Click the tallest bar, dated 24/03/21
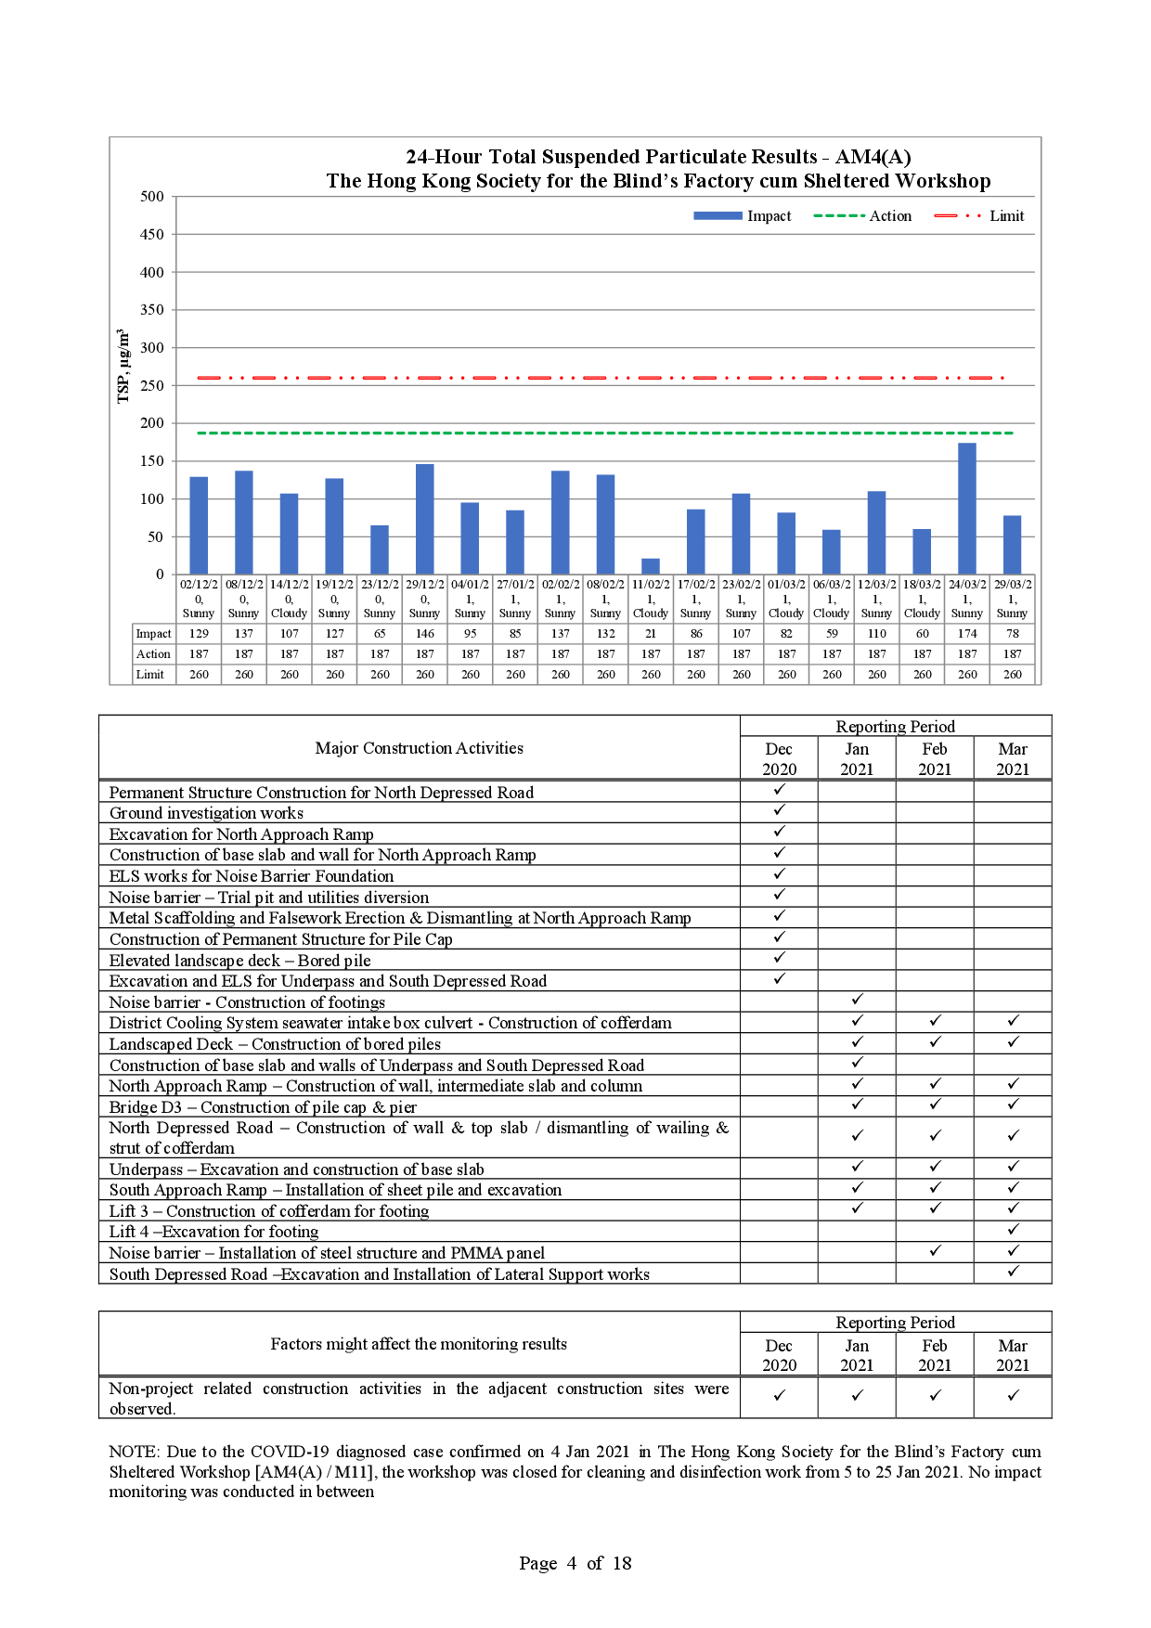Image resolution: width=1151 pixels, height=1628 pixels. coord(967,509)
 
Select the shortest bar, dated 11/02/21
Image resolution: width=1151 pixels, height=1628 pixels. coord(651,566)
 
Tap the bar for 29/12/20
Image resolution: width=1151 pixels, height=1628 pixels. coord(424,519)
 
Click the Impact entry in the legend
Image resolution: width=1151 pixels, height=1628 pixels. coord(743,216)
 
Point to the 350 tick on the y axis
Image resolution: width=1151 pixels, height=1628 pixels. coord(152,310)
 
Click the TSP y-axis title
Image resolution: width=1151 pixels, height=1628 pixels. coord(123,367)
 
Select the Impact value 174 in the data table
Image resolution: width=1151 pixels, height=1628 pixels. coord(967,634)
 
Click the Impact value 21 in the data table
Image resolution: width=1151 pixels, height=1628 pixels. coord(651,634)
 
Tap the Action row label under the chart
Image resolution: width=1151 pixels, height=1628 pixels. coord(153,654)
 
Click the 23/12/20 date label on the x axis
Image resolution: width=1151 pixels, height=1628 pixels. coord(380,585)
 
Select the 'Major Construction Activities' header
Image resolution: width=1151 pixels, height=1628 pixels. coord(419,748)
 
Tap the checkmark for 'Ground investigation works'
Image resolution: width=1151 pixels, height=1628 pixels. coord(780,810)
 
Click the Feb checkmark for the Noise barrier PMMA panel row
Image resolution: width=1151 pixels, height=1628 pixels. coord(935,1251)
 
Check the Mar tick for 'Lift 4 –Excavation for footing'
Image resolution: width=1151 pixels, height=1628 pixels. coord(1013,1230)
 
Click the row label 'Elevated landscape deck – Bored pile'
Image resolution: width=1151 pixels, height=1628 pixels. coord(239,961)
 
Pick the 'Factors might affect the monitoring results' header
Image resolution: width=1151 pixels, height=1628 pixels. coord(419,1344)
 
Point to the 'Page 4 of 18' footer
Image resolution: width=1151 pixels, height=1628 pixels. coord(575,1564)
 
